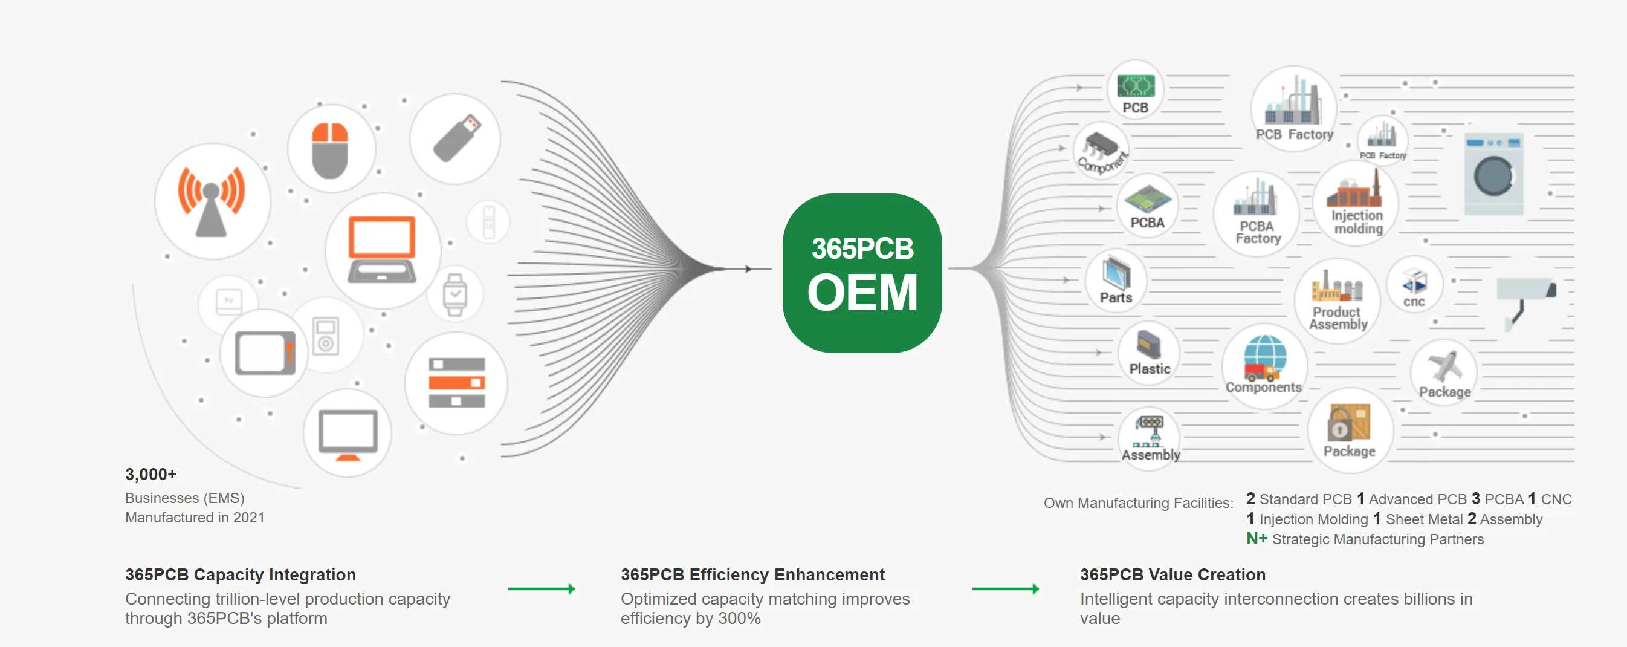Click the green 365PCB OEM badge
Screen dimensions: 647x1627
[x=862, y=273]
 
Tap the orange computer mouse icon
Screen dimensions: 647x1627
[x=331, y=151]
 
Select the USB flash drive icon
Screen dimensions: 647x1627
[x=456, y=138]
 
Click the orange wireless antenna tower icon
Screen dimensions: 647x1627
[x=212, y=201]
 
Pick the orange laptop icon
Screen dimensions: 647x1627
[x=382, y=250]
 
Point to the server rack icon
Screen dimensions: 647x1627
[x=456, y=383]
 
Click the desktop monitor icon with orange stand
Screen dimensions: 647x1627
[x=348, y=434]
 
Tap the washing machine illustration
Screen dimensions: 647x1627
[x=1493, y=174]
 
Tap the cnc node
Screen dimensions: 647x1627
[x=1414, y=285]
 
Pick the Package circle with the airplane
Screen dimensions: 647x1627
[x=1444, y=373]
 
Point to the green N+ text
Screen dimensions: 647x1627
[x=1257, y=539]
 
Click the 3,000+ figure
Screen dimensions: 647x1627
[x=151, y=474]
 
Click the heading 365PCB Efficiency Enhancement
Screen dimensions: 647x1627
[x=752, y=574]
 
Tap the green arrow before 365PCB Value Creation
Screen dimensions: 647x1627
[x=1006, y=589]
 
